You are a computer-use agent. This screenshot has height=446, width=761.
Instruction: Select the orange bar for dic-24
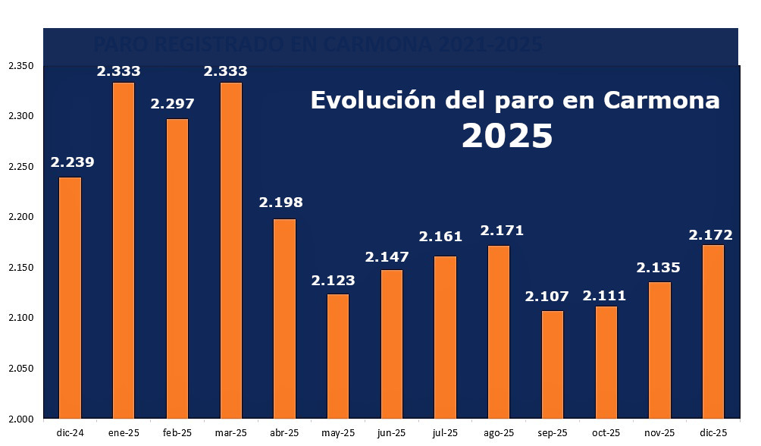(70, 297)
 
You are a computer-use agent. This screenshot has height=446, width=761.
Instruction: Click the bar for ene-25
(124, 250)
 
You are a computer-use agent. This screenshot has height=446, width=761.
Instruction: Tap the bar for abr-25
(284, 319)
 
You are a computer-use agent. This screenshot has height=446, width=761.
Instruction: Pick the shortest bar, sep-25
(553, 364)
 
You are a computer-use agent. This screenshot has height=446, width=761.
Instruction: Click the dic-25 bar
(713, 331)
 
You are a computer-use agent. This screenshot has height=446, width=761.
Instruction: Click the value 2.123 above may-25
(333, 281)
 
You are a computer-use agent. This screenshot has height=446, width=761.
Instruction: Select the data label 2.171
(502, 230)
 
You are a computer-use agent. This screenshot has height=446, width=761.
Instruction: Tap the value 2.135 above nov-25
(658, 268)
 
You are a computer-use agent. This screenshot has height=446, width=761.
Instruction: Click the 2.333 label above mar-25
(226, 71)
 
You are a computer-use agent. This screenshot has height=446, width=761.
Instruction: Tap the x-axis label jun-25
(391, 432)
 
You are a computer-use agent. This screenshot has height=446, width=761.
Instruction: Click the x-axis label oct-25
(606, 432)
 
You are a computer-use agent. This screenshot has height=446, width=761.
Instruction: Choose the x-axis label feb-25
(177, 432)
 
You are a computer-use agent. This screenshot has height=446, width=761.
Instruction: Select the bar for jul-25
(445, 337)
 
